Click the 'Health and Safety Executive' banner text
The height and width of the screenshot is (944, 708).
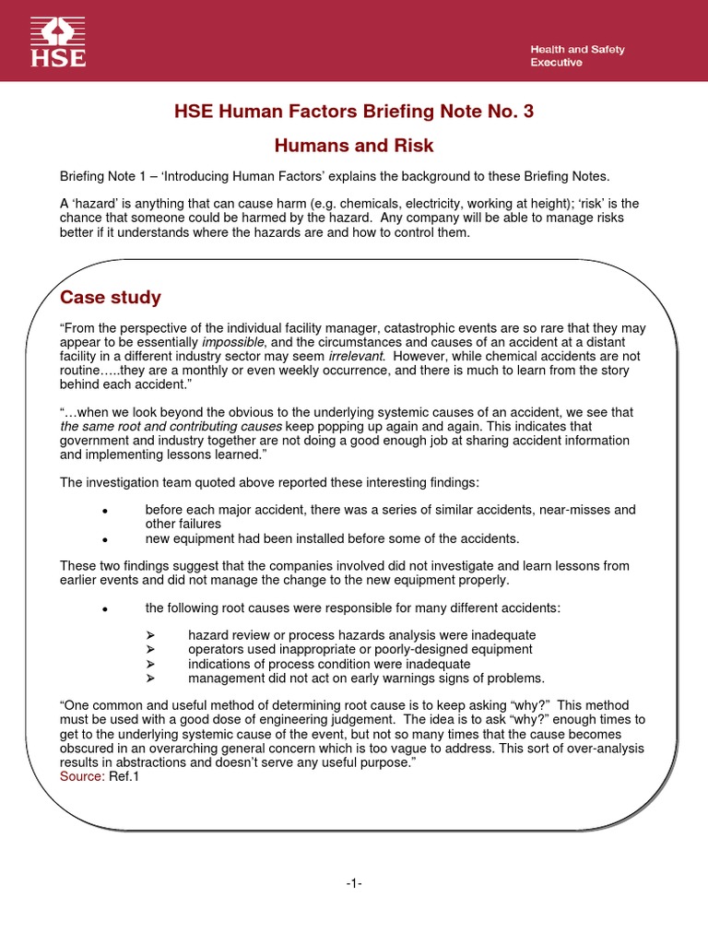(577, 55)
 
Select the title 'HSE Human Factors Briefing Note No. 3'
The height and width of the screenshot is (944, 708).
(354, 112)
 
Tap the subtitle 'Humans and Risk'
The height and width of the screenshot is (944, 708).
(354, 146)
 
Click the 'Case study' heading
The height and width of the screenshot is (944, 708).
(111, 297)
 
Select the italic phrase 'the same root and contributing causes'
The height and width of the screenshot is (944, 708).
(171, 427)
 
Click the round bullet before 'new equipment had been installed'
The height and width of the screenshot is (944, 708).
(105, 539)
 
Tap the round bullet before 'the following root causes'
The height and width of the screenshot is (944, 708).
(105, 608)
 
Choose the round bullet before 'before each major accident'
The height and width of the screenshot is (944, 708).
(105, 511)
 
